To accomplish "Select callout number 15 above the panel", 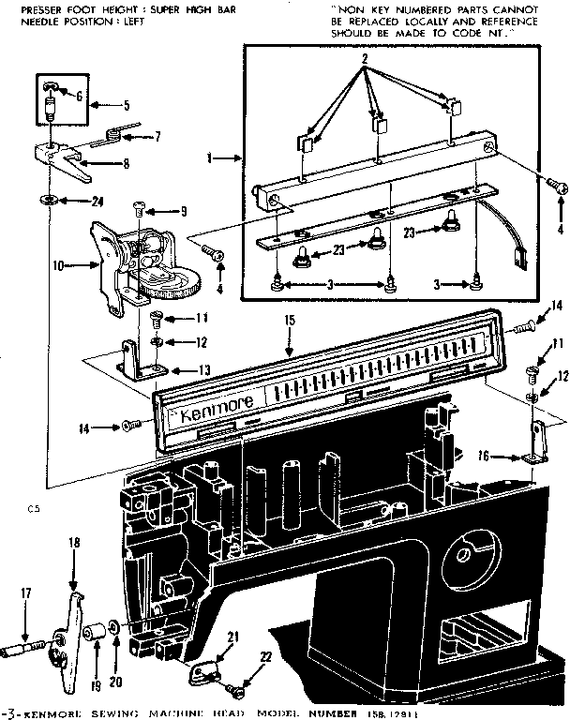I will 289,321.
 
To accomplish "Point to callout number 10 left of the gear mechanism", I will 59,265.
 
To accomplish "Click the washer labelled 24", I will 46,201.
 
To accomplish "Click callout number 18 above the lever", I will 74,543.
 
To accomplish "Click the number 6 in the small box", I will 79,96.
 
